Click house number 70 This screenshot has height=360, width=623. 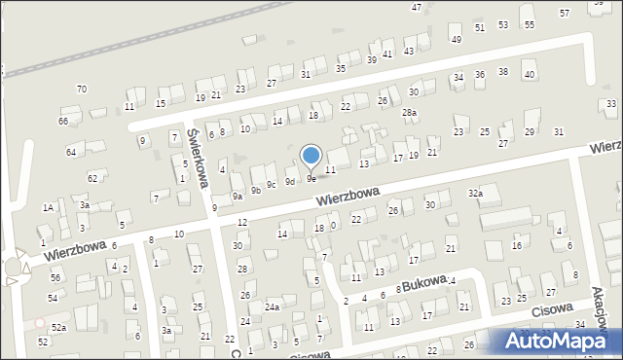click(x=82, y=89)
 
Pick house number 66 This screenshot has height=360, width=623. click(x=63, y=121)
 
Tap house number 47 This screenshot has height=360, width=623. click(x=417, y=7)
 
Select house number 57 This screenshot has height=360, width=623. click(x=565, y=13)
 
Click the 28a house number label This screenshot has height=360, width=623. click(x=410, y=113)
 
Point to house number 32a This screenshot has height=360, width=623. click(x=475, y=194)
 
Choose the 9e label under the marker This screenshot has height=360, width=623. click(x=311, y=178)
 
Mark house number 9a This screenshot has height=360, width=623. click(x=238, y=196)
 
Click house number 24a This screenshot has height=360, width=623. click(x=274, y=307)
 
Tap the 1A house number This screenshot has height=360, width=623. click(x=48, y=207)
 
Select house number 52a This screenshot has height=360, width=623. click(x=59, y=327)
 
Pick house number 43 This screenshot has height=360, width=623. click(x=410, y=51)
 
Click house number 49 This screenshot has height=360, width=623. click(x=456, y=39)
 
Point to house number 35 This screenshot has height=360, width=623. click(x=341, y=68)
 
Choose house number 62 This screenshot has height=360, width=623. click(x=92, y=178)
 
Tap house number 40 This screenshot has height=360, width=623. click(x=530, y=74)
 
